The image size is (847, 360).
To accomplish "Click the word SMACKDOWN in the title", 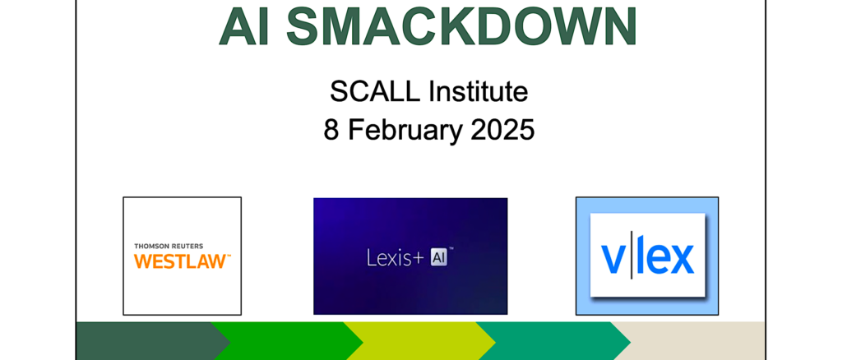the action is point(462,25).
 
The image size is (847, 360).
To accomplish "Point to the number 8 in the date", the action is point(331,130).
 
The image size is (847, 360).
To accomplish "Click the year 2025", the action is point(502,130).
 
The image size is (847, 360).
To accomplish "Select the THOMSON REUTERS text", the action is point(169,246).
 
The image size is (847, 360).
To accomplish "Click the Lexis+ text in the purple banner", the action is point(396,257).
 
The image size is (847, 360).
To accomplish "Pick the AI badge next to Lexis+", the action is point(438,257).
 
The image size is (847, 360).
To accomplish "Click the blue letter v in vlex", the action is point(613,261).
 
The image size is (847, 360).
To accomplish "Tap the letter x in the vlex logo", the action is point(680,261).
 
